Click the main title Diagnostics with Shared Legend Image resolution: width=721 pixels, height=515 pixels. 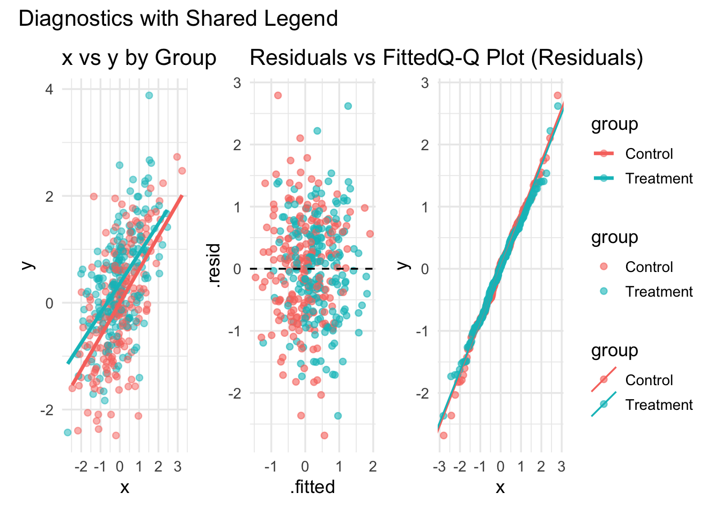coord(178,19)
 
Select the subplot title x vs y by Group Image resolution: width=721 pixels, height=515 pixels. coord(139,58)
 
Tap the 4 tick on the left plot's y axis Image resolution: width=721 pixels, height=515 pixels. coord(49,89)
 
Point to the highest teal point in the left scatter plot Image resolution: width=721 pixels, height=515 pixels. coord(149,95)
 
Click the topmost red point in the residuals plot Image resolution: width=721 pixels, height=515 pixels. coord(278,95)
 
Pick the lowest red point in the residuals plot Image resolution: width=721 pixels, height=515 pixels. coord(324,435)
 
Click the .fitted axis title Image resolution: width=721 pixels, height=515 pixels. coord(313,487)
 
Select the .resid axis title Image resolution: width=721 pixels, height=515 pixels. coord(215,266)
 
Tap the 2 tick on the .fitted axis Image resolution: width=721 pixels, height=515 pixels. coord(373,466)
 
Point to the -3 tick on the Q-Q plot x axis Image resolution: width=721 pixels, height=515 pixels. coord(438,466)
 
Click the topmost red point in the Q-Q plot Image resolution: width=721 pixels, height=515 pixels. coord(557,95)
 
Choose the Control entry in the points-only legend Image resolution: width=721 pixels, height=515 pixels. coord(649,267)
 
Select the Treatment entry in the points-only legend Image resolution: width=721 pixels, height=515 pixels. coord(659,291)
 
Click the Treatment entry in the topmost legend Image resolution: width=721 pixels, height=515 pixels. coord(659,178)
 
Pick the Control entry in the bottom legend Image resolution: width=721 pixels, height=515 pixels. coord(649,380)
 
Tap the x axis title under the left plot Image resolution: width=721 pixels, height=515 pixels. coord(124,487)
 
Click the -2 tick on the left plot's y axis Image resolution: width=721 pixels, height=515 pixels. coord(47,410)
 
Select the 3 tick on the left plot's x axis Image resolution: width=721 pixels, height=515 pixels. coord(178,466)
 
